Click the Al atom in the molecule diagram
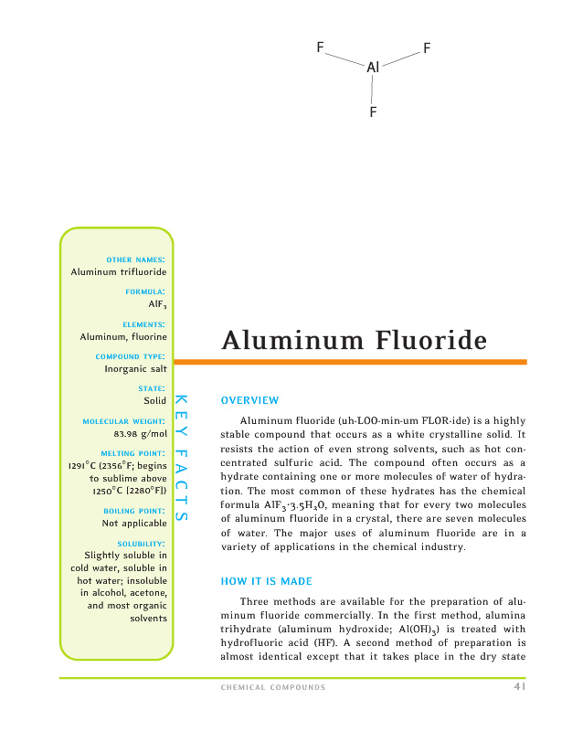(x=372, y=67)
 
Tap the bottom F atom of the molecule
(x=373, y=111)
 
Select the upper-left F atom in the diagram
(x=320, y=47)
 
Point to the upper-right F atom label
(x=427, y=47)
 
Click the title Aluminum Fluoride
(x=354, y=341)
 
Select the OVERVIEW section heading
(x=249, y=400)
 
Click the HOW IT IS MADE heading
(x=265, y=581)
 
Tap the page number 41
(x=519, y=687)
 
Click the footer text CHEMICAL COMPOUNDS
(x=273, y=688)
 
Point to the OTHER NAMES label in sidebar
(x=135, y=260)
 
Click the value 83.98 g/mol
(x=140, y=434)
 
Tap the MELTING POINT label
(x=133, y=453)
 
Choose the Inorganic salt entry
(x=136, y=369)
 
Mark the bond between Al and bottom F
(x=373, y=90)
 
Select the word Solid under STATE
(x=154, y=400)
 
